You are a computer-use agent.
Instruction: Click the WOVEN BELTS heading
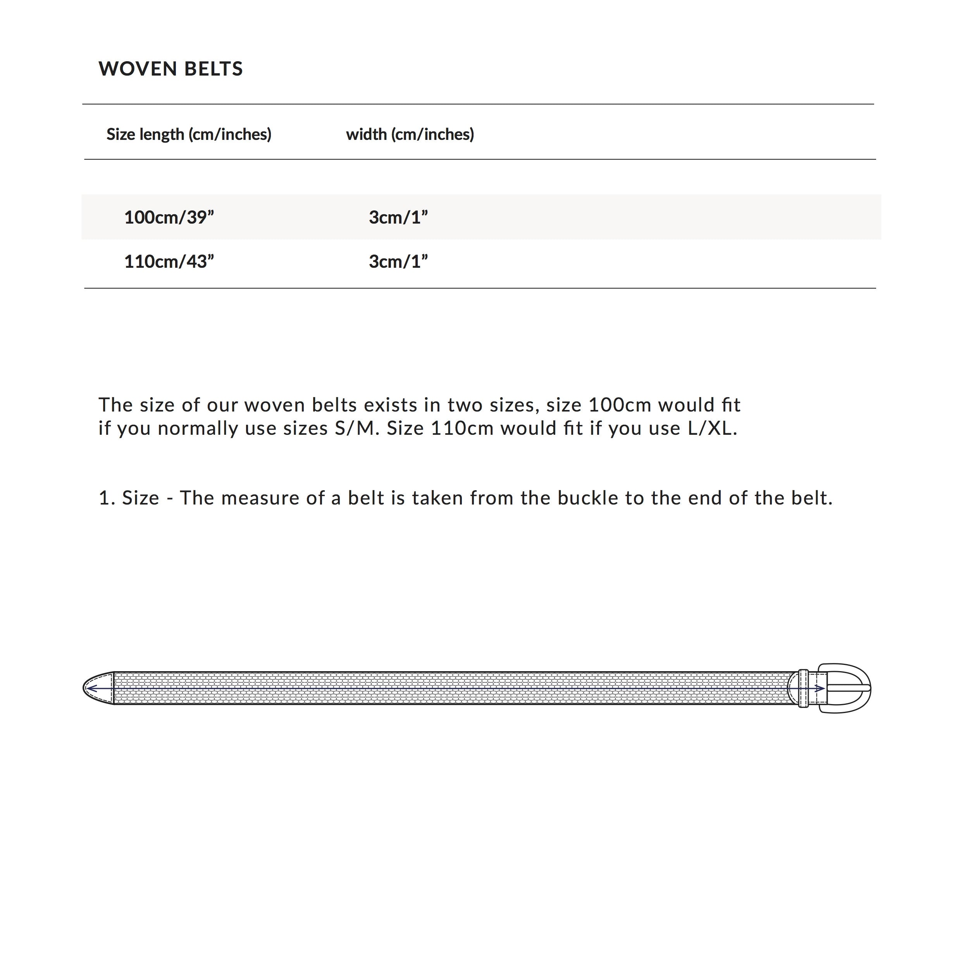170,69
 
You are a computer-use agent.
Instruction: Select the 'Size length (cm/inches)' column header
189,134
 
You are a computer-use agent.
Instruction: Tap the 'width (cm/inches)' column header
410,134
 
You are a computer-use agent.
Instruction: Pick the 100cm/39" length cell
169,217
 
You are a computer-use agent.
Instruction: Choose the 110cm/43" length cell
169,262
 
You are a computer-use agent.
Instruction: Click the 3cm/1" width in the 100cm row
398,217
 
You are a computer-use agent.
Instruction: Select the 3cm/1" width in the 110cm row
398,262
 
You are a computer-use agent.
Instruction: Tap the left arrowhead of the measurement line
90,689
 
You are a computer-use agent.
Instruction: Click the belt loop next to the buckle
803,689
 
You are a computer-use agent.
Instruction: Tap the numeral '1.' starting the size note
107,498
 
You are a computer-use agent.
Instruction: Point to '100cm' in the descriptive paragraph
619,405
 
